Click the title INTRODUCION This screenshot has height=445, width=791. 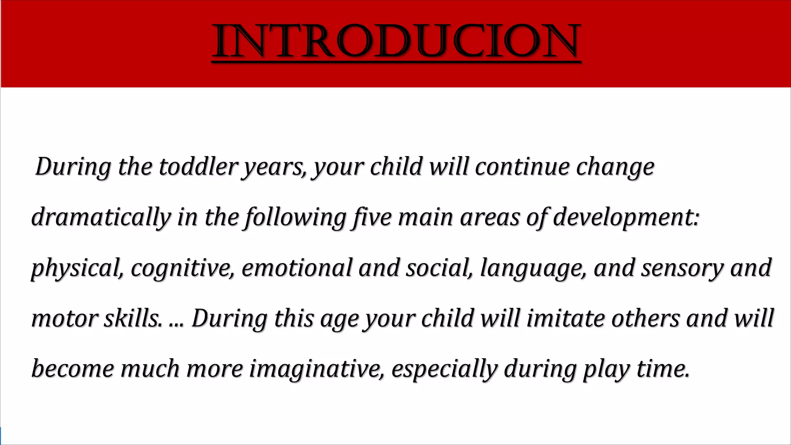[396, 41]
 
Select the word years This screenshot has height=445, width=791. [273, 167]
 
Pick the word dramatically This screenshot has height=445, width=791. [101, 217]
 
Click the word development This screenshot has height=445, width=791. [625, 217]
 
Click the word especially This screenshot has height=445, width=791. [444, 369]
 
